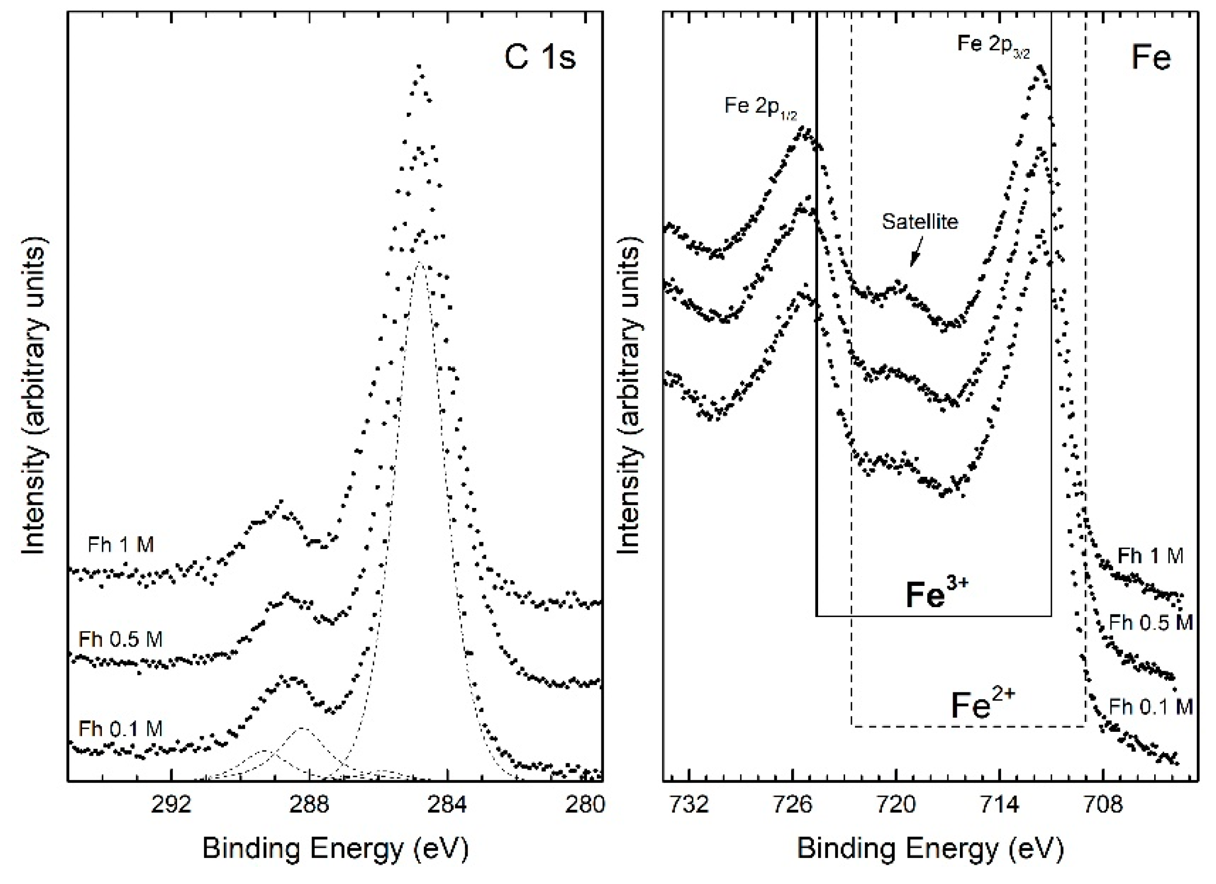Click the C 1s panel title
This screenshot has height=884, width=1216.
pos(539,57)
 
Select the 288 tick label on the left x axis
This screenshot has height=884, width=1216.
pos(310,806)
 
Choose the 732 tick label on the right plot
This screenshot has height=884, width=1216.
pos(689,806)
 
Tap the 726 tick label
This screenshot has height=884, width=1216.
pos(793,806)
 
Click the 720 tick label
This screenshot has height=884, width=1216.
pos(896,806)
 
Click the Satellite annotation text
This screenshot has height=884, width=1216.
pos(920,221)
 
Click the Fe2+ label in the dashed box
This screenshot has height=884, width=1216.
pos(983,704)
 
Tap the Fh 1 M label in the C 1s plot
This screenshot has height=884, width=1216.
pos(121,545)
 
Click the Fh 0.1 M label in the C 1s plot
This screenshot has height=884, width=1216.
pos(121,729)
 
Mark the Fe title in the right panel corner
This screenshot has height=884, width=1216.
pos(1151,57)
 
